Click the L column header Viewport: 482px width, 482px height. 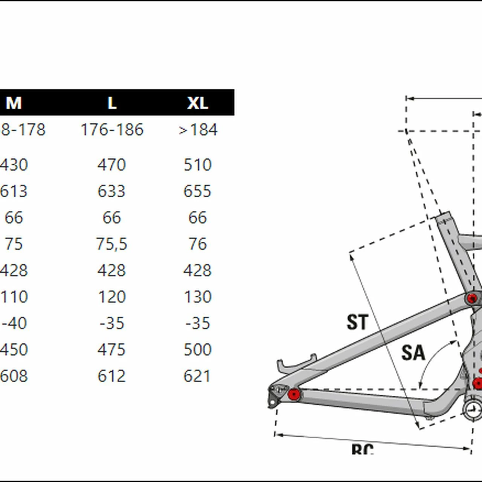pos(112,103)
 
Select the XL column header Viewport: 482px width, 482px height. pos(198,103)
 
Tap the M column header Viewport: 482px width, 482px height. pos(14,103)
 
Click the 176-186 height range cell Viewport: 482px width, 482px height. pos(112,130)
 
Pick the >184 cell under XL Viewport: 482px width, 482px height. pos(198,130)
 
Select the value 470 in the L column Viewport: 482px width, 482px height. pos(111,165)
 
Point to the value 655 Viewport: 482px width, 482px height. pos(197,191)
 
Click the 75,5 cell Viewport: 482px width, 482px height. pos(111,244)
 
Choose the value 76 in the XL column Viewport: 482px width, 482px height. pos(198,244)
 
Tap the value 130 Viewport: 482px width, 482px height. pos(198,297)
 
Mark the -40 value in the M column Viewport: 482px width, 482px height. pos(14,323)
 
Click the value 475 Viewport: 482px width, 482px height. pos(111,349)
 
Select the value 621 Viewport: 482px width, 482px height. pos(197,376)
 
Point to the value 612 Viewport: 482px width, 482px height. pos(111,376)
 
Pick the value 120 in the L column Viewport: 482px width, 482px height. pos(111,297)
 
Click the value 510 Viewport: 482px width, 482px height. pos(198,165)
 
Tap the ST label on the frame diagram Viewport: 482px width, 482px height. pos(357,322)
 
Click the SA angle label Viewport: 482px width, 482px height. pos(413,353)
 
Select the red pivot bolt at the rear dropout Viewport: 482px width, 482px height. pos(294,394)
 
